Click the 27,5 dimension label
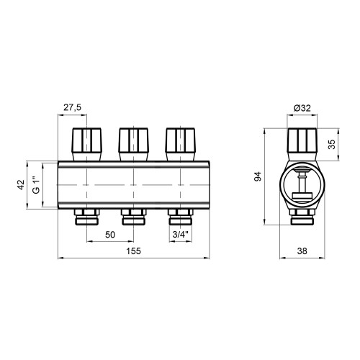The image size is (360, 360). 72,107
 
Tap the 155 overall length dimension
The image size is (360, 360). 134,251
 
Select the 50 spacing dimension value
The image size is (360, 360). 110,235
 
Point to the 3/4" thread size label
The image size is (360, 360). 181,235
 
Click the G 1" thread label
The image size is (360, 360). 36,185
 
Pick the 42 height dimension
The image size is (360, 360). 21,185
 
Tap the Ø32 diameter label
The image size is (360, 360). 302,108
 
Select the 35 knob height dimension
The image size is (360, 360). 332,145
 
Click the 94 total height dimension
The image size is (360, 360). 258,176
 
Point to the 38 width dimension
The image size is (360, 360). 302,251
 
